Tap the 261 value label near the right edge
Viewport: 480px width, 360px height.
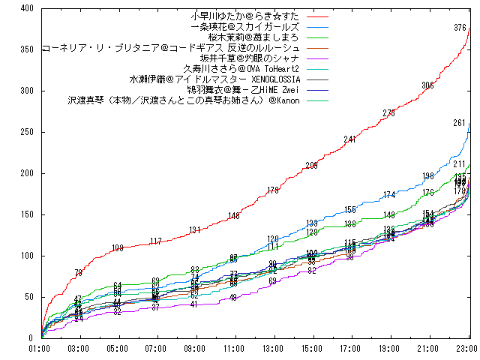[x=460, y=123]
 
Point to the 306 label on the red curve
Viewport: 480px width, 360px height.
[x=428, y=86]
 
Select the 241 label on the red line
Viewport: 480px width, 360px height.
[x=350, y=139]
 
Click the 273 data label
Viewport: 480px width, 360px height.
[x=389, y=113]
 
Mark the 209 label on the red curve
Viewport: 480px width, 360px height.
[x=311, y=166]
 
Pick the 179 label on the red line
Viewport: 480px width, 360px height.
[x=273, y=190]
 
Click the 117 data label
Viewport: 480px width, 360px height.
[x=156, y=241]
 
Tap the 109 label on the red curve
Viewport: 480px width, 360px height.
[x=117, y=248]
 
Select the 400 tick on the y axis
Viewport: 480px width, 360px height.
[x=25, y=8]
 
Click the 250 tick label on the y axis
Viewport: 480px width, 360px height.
[x=25, y=132]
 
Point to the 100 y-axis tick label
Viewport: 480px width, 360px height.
[x=25, y=256]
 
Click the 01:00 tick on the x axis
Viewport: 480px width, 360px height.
[x=40, y=348]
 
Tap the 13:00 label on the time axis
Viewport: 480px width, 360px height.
[x=273, y=348]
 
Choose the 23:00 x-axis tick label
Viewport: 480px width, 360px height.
[x=467, y=348]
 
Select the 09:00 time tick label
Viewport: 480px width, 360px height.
[x=195, y=348]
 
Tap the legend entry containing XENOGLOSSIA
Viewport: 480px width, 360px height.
[x=215, y=79]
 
